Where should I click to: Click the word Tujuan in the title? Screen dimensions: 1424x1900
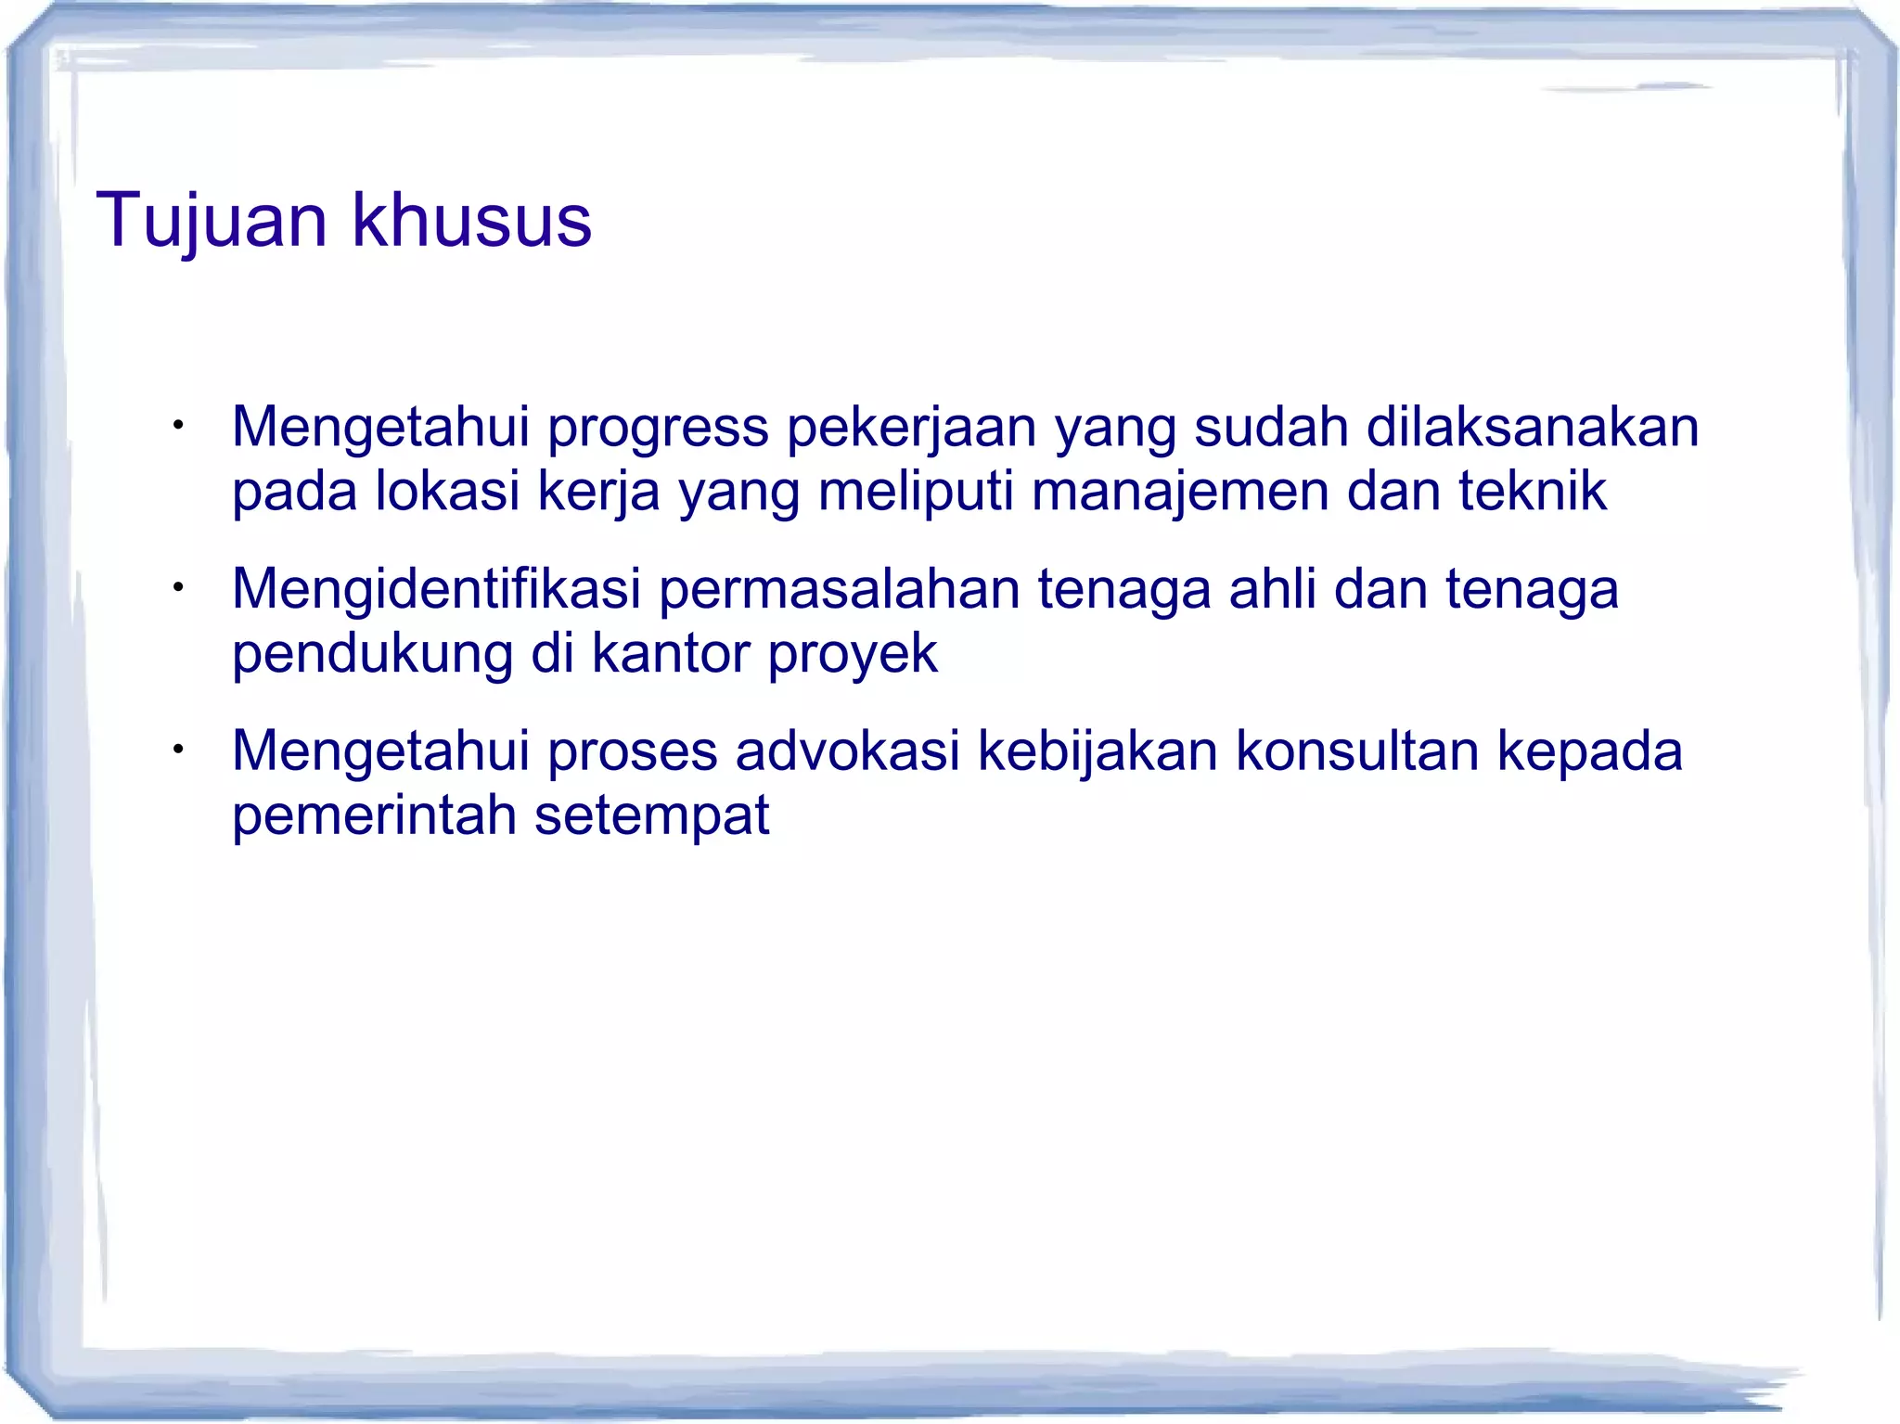point(212,221)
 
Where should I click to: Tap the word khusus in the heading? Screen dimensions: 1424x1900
point(471,221)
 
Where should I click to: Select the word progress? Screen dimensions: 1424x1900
point(658,428)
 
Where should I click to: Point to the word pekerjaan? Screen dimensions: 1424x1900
point(912,428)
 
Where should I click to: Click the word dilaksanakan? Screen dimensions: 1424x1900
point(1533,428)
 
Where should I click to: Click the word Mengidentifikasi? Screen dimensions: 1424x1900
point(436,590)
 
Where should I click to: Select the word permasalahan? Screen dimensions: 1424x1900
point(839,590)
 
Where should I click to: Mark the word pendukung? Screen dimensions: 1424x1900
point(372,654)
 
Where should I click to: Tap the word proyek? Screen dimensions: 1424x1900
point(853,654)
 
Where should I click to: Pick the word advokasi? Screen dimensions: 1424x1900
point(847,751)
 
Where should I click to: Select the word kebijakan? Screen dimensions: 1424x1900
point(1098,751)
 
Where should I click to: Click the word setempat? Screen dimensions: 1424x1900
point(651,815)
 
